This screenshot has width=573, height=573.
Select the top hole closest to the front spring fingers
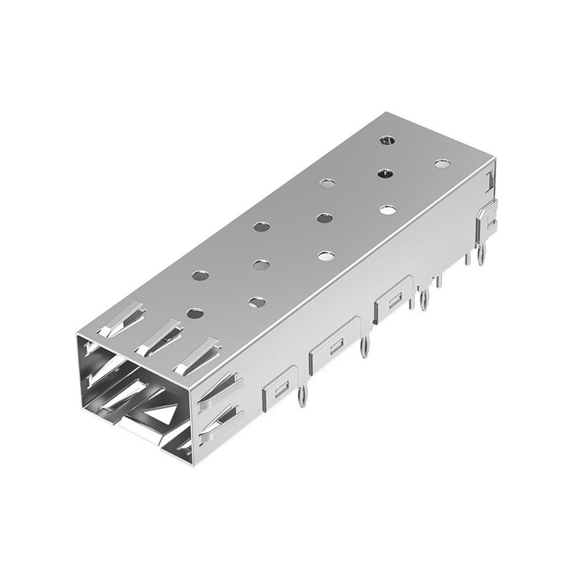pyautogui.click(x=193, y=312)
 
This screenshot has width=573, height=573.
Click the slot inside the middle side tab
pyautogui.click(x=334, y=347)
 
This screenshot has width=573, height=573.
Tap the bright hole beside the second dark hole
pyautogui.click(x=388, y=210)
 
